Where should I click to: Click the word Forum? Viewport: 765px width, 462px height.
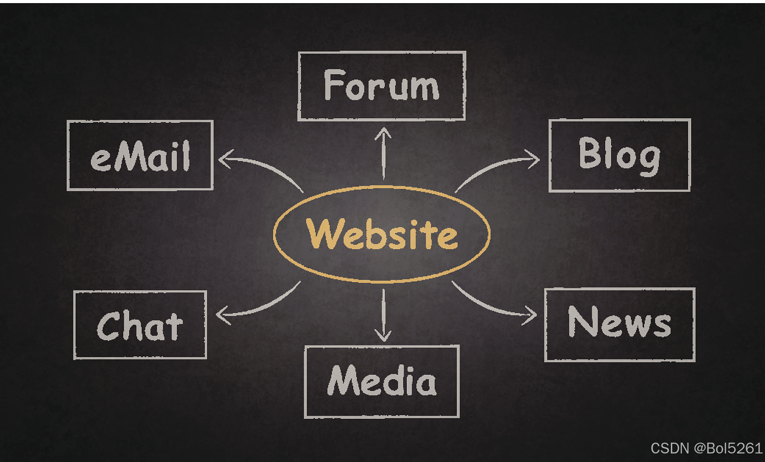[381, 85]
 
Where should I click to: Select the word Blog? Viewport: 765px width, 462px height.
[619, 155]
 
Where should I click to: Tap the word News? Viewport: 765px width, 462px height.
[619, 322]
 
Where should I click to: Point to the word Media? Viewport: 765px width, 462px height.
[382, 381]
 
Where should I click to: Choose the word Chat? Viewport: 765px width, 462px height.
[140, 326]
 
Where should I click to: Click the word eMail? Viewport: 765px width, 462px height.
[140, 156]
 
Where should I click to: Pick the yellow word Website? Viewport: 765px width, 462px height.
[382, 234]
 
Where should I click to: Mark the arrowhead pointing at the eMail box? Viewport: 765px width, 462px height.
[224, 159]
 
